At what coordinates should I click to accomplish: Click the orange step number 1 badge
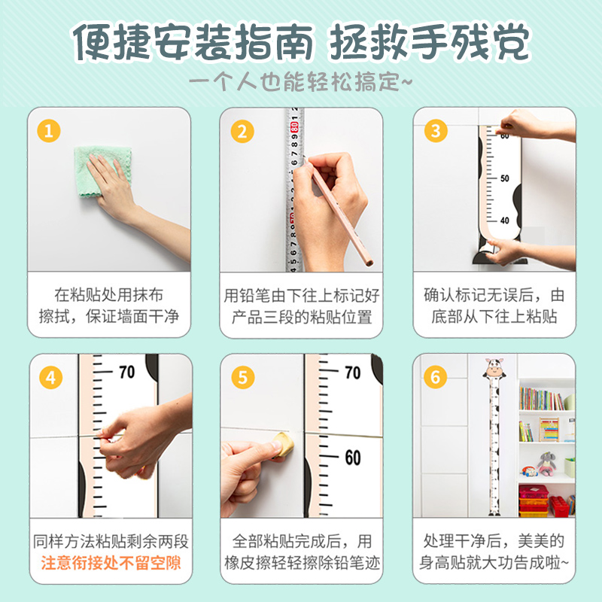click(x=49, y=131)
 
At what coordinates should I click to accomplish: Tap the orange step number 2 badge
click(x=242, y=131)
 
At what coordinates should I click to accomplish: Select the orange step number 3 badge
click(x=436, y=131)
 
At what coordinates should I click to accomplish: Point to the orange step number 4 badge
click(x=50, y=378)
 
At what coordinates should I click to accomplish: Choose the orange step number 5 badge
click(x=242, y=377)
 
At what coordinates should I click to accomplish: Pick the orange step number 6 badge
click(x=436, y=377)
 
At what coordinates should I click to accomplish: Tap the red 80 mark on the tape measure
click(x=294, y=127)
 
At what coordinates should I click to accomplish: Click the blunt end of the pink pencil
click(x=369, y=262)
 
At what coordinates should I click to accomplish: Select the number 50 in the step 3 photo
click(x=504, y=178)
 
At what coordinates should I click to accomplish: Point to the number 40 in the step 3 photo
click(x=504, y=220)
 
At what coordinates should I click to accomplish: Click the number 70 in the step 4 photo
click(x=126, y=372)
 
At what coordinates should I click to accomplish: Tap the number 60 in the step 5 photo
click(x=353, y=458)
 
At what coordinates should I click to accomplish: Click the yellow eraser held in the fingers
click(x=284, y=445)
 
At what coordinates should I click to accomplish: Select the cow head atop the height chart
click(x=494, y=368)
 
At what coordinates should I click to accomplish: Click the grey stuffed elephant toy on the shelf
click(x=546, y=464)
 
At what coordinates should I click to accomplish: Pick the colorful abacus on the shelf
click(x=549, y=429)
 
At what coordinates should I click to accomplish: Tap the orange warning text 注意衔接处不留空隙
click(x=111, y=563)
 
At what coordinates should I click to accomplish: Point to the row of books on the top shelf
click(x=541, y=399)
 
